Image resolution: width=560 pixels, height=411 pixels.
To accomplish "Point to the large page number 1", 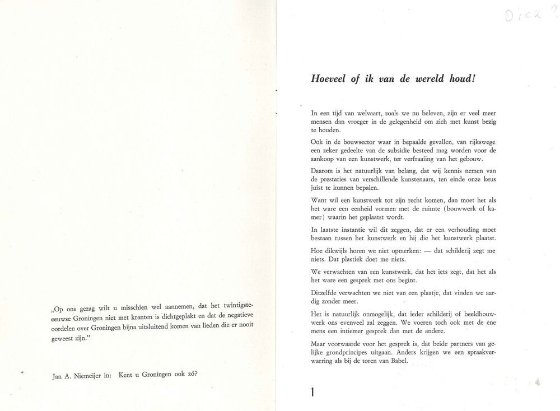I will (312, 391).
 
